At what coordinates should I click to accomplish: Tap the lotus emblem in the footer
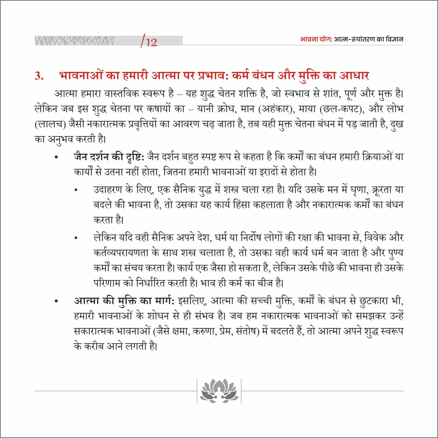pyautogui.click(x=219, y=391)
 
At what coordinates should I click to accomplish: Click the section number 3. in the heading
pyautogui.click(x=39, y=76)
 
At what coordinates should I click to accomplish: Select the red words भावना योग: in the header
pyautogui.click(x=316, y=39)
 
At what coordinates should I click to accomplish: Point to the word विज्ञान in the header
pyautogui.click(x=394, y=39)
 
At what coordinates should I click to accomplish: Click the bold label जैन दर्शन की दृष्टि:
pyautogui.click(x=109, y=157)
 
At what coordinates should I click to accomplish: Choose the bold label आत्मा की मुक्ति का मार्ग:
pyautogui.click(x=124, y=301)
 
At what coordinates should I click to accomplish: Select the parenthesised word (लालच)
pyautogui.click(x=50, y=124)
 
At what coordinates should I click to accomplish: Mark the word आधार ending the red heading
pyautogui.click(x=354, y=76)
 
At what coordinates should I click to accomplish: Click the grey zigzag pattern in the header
pyautogui.click(x=74, y=41)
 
